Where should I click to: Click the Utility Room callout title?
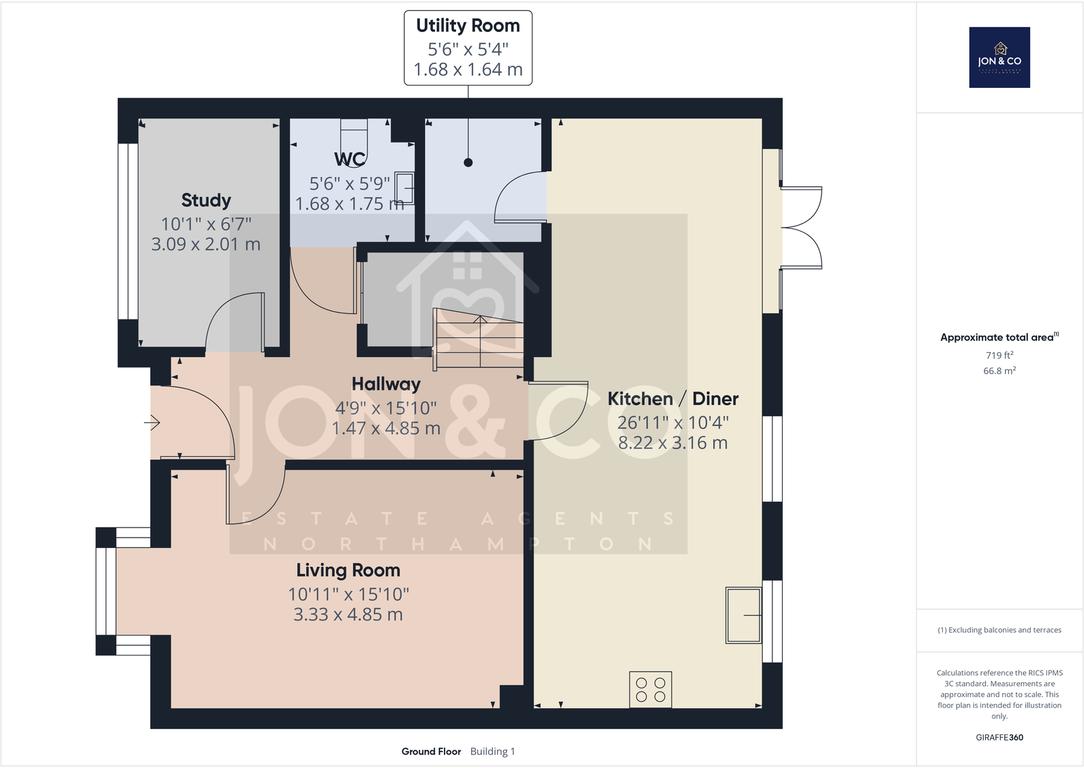coord(468,26)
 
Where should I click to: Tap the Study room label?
coord(206,200)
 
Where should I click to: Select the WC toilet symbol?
coord(354,139)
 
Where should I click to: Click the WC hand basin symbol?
coord(405,189)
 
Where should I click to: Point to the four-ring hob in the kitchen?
coord(650,690)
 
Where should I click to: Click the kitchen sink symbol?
coord(743,615)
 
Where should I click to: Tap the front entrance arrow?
coord(152,423)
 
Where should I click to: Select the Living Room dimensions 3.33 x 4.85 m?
coord(348,615)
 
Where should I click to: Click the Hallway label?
coord(386,384)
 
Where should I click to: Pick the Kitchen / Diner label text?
coord(672,399)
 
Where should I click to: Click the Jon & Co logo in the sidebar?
coord(999,57)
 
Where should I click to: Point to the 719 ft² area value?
coord(999,355)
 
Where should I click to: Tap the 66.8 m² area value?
coord(999,371)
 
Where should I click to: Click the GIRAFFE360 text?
coord(999,737)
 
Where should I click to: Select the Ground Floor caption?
coord(431,752)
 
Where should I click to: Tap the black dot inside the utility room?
coord(468,162)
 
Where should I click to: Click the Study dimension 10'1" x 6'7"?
coord(206,224)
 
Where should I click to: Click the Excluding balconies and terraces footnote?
coord(999,630)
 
